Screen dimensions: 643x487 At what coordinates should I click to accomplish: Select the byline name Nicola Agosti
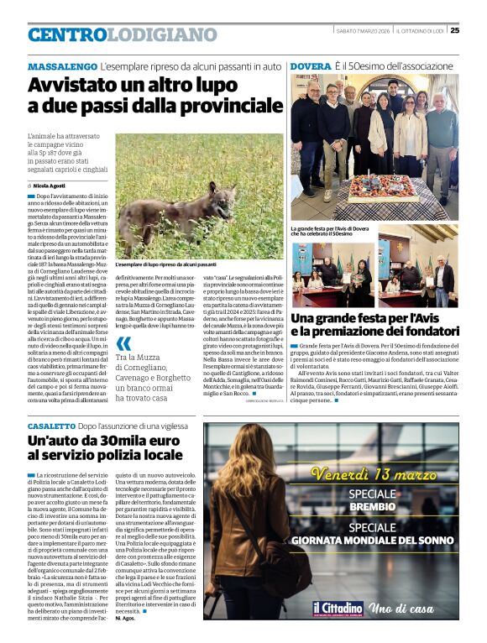click(x=49, y=185)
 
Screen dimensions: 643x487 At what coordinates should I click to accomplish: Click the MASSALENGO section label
click(x=61, y=65)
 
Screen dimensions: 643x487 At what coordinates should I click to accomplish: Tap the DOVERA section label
click(x=310, y=65)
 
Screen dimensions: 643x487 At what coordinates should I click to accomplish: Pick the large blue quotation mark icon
click(x=123, y=344)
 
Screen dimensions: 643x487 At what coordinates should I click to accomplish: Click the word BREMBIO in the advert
click(x=372, y=508)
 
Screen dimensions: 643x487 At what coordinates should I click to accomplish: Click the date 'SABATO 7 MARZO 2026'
click(x=359, y=30)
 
